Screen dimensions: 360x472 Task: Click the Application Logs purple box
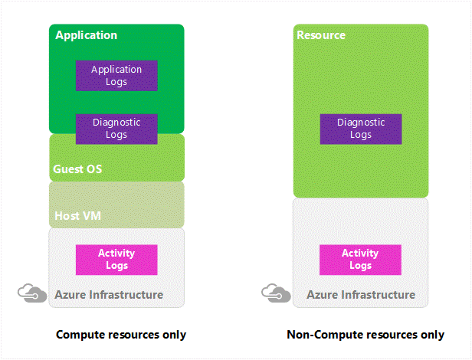(116, 76)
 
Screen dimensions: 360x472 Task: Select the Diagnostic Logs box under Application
(116, 129)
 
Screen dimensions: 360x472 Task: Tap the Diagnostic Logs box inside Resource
(360, 129)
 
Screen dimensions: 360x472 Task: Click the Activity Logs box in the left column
(116, 260)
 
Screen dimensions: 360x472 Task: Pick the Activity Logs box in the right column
(360, 260)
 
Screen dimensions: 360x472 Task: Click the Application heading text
(87, 35)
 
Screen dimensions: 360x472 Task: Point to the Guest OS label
(77, 169)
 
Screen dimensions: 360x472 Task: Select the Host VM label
(77, 216)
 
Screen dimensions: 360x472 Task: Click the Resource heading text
(320, 35)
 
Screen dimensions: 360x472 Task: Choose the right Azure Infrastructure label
(361, 295)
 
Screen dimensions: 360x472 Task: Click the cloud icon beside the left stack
(31, 293)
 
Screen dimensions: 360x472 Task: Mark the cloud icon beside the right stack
(274, 293)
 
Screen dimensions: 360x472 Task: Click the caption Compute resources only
(121, 335)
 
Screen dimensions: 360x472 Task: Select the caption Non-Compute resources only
(365, 335)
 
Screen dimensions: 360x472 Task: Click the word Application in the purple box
(116, 70)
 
